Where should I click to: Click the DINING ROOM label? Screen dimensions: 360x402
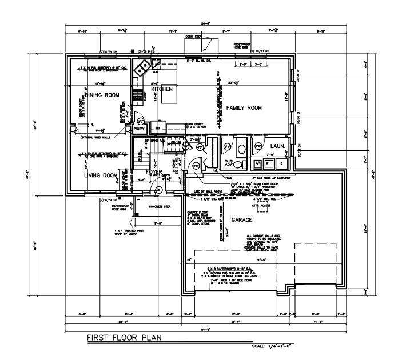[102, 95]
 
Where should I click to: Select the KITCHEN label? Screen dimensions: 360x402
[161, 89]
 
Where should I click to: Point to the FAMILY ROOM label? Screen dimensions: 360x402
[243, 107]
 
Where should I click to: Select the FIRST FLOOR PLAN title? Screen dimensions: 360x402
[124, 338]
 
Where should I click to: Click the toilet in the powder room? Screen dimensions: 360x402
[241, 148]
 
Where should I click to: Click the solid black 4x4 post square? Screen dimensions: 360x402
[136, 216]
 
